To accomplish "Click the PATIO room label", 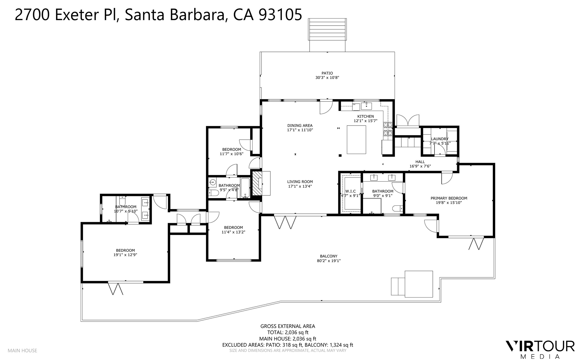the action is tap(327, 73).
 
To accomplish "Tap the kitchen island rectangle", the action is tap(356, 140).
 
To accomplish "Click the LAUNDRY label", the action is tap(440, 139).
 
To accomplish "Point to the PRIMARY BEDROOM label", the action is tap(449, 198).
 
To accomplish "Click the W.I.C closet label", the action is tap(350, 191).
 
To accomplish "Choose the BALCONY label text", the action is tap(329, 256).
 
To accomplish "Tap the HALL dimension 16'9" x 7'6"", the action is tap(420, 166).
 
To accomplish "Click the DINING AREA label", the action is tap(300, 126).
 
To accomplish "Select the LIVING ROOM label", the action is tap(300, 182).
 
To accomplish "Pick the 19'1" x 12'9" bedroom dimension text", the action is tap(125, 255).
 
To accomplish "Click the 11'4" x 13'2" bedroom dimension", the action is tap(233, 232).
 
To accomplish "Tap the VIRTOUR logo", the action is tap(540, 346).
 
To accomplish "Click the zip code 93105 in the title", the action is tap(280, 15).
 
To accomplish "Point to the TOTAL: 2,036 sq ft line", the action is tap(288, 333).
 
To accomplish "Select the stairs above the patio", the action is tap(327, 30).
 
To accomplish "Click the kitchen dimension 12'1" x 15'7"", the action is tap(365, 121).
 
